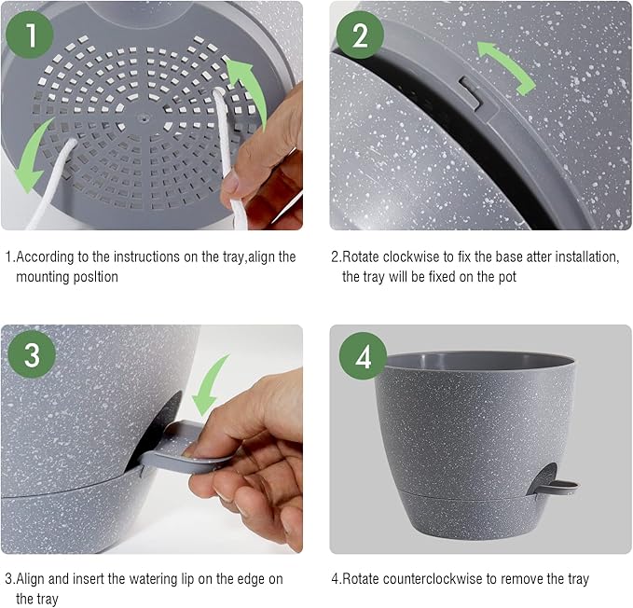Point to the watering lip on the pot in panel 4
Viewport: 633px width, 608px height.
click(556, 485)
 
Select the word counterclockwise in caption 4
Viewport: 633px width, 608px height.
click(439, 579)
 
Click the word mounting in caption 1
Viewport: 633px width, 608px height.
click(43, 277)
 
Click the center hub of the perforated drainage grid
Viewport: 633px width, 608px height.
click(141, 119)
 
